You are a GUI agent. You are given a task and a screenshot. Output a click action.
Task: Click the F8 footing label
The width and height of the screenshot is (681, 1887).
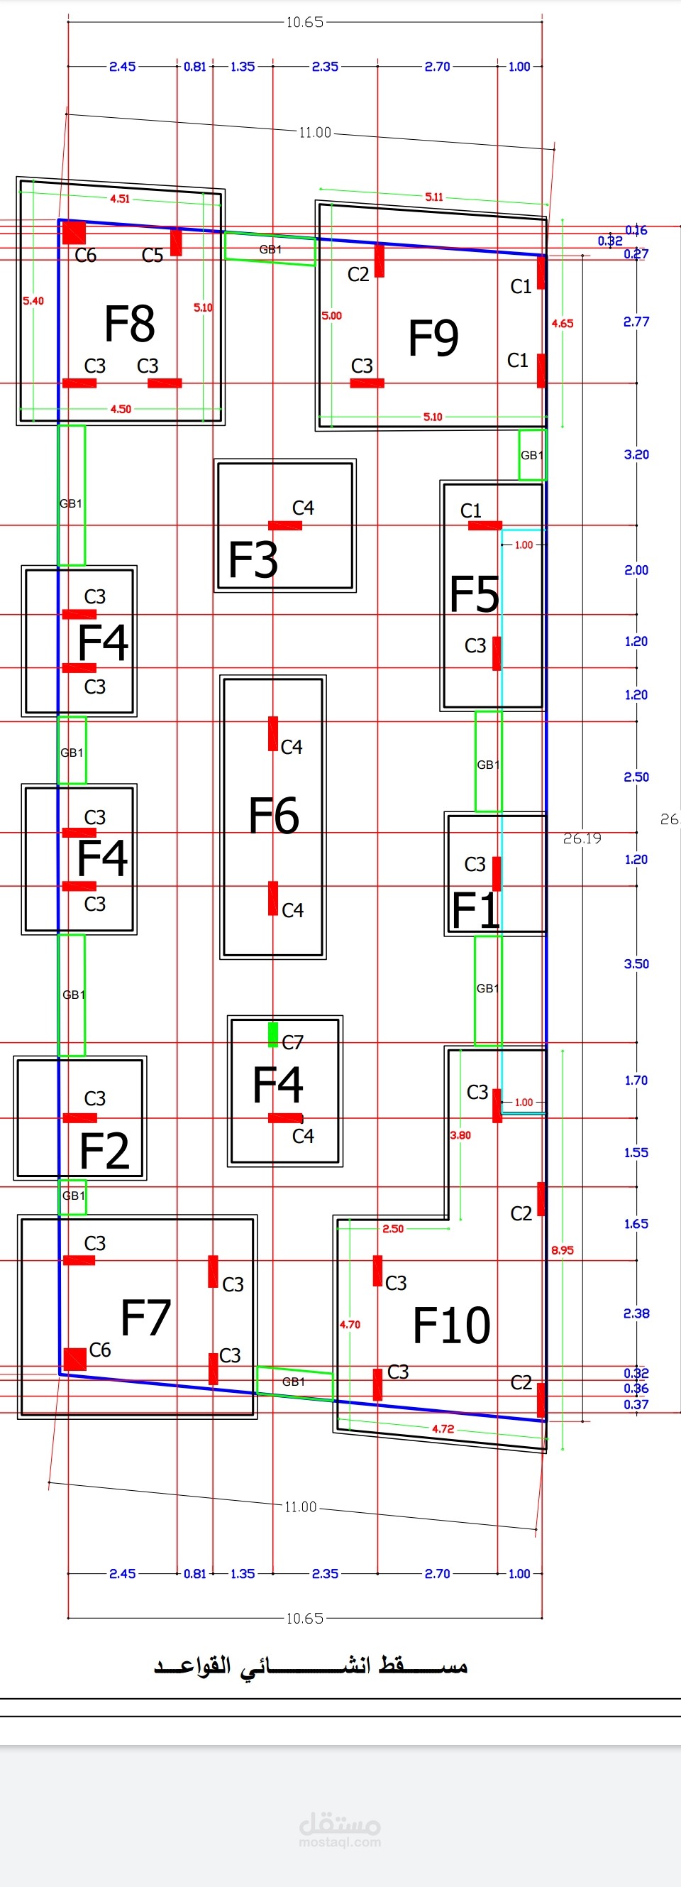pyautogui.click(x=130, y=324)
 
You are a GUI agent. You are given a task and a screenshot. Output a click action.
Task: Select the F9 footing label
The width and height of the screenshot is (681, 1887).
pyautogui.click(x=433, y=338)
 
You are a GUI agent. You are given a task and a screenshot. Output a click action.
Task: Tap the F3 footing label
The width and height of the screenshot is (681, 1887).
pyautogui.click(x=253, y=559)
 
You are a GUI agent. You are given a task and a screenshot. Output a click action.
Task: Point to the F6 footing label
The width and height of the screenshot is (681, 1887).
pyautogui.click(x=274, y=815)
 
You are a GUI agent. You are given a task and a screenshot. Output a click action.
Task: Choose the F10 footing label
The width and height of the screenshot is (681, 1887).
pyautogui.click(x=452, y=1325)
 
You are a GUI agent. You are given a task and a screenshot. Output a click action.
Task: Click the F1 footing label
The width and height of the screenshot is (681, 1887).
pyautogui.click(x=475, y=911)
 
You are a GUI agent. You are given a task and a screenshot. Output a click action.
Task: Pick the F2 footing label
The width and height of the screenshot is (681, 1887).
pyautogui.click(x=104, y=1151)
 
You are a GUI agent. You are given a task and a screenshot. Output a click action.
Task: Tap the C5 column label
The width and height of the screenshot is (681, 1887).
pyautogui.click(x=153, y=256)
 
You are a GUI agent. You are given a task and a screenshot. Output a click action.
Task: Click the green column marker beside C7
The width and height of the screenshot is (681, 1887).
pyautogui.click(x=273, y=1035)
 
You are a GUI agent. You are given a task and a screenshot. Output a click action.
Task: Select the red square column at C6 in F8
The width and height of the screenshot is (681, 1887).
pyautogui.click(x=74, y=233)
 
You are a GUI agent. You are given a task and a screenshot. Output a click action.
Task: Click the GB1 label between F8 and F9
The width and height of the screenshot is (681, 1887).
pyautogui.click(x=270, y=250)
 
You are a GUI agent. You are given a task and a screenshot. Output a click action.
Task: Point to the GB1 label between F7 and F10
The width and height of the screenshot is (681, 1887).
pyautogui.click(x=294, y=1382)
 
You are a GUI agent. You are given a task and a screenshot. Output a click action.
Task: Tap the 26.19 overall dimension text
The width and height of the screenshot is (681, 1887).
pyautogui.click(x=582, y=838)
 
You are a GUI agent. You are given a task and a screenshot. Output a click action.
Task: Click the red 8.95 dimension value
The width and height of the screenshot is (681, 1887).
pyautogui.click(x=563, y=1250)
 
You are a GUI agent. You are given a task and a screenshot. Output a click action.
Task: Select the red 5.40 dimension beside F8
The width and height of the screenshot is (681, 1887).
pyautogui.click(x=33, y=301)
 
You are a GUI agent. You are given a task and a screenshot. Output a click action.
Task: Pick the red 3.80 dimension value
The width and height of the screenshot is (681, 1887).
pyautogui.click(x=460, y=1135)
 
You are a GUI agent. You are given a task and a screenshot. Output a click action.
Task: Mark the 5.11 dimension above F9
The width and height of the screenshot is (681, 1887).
pyautogui.click(x=434, y=197)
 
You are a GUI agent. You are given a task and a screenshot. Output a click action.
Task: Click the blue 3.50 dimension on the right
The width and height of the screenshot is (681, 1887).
pyautogui.click(x=636, y=964)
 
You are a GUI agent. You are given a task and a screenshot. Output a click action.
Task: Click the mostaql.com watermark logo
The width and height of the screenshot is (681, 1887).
pyautogui.click(x=340, y=1832)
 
